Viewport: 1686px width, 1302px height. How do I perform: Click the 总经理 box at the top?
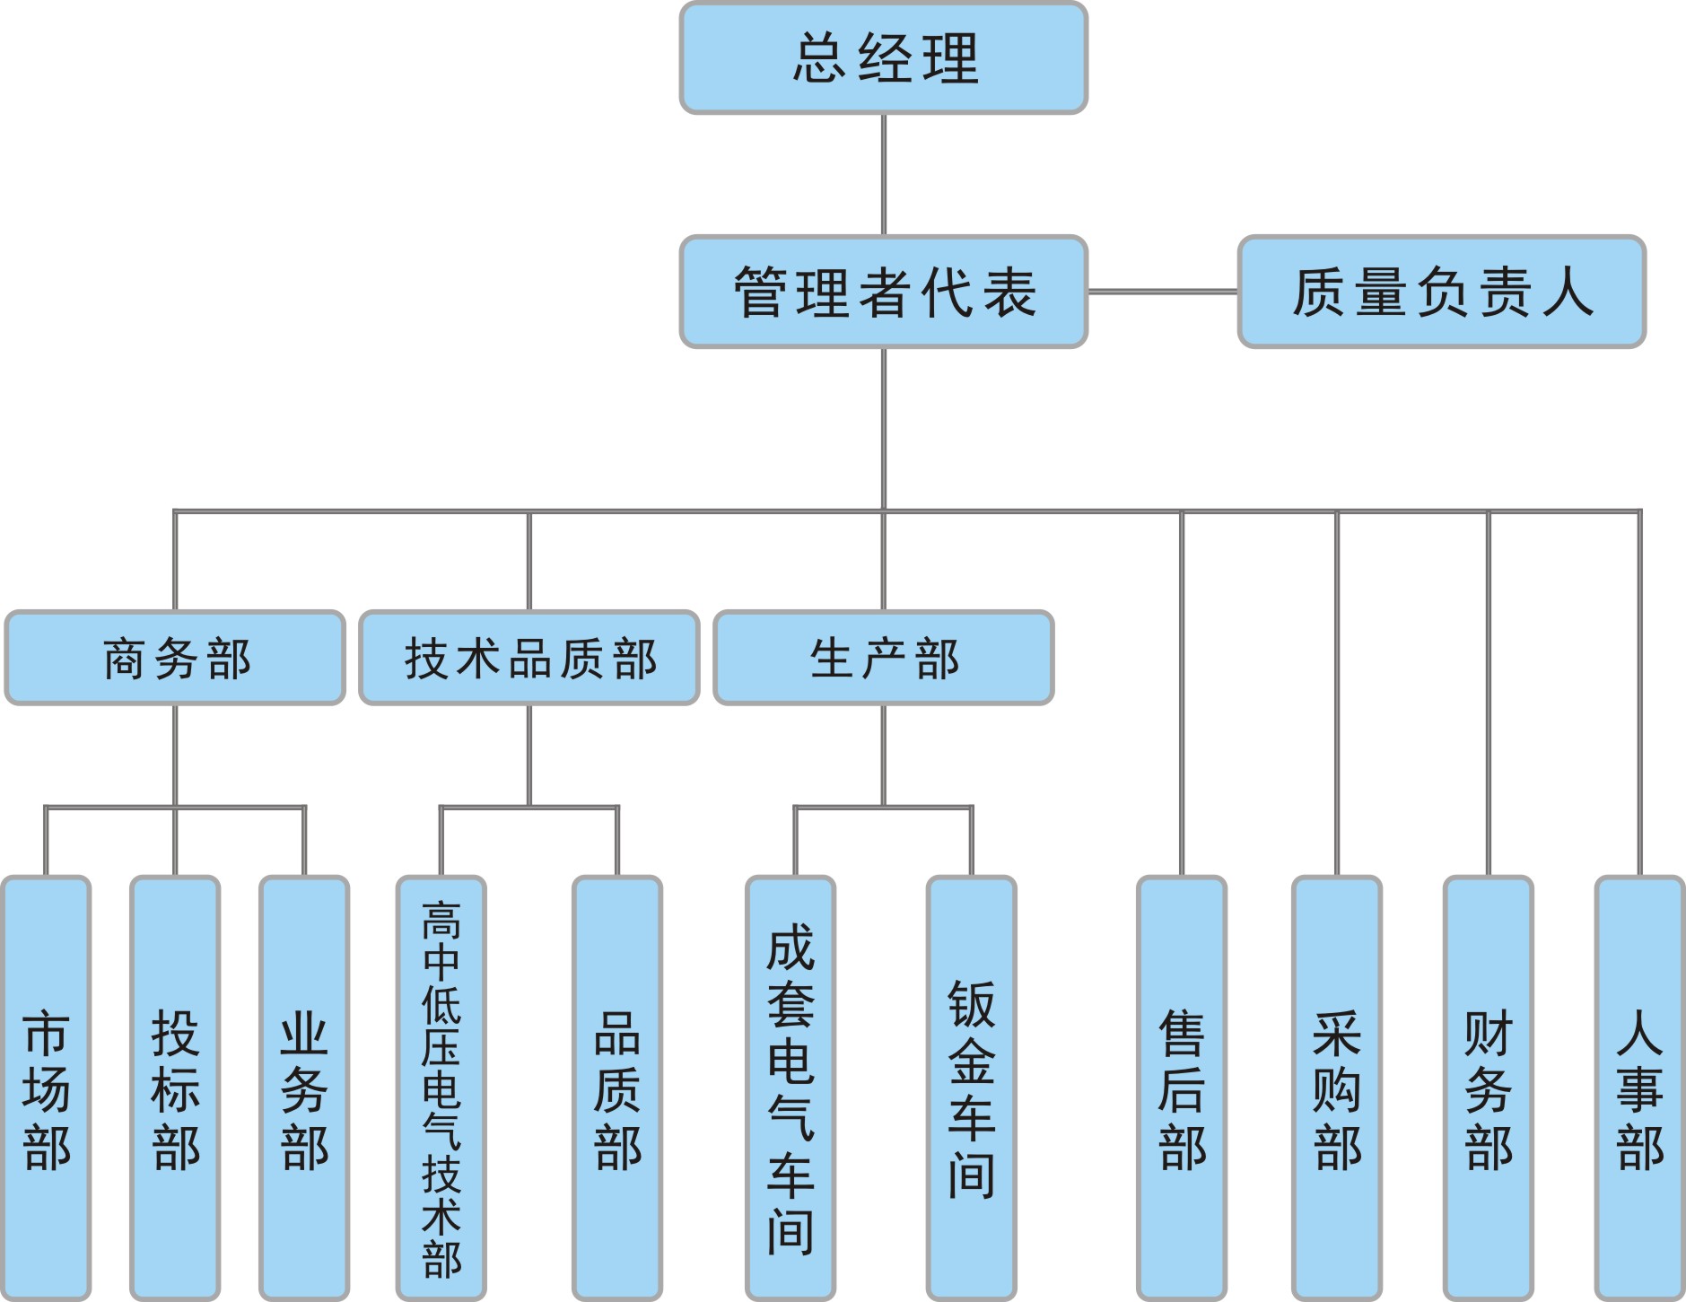click(884, 58)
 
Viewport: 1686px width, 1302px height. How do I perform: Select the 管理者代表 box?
click(884, 292)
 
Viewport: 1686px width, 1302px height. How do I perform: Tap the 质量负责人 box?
click(1441, 292)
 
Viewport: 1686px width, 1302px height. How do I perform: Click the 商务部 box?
click(175, 658)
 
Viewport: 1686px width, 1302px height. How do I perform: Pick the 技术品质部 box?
click(529, 658)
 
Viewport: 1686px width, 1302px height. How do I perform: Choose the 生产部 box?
click(884, 658)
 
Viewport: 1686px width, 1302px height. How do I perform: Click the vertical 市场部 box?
click(47, 1088)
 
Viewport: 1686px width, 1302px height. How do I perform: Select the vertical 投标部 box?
click(175, 1088)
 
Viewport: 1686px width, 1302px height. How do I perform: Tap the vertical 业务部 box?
click(304, 1088)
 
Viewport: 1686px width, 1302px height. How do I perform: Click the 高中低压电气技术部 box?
click(441, 1088)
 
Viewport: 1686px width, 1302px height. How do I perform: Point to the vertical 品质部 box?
click(617, 1088)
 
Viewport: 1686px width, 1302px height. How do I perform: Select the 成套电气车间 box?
click(791, 1088)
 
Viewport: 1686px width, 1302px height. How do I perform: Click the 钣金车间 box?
click(972, 1088)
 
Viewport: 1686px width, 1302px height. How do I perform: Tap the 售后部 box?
click(1182, 1088)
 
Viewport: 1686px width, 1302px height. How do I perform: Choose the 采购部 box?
click(1337, 1088)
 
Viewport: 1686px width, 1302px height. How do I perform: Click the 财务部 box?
click(1489, 1088)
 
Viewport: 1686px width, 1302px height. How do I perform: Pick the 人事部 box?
click(1640, 1088)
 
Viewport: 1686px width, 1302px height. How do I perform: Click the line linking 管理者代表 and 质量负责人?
click(1162, 292)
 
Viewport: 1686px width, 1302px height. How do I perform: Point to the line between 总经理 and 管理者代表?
click(884, 175)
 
